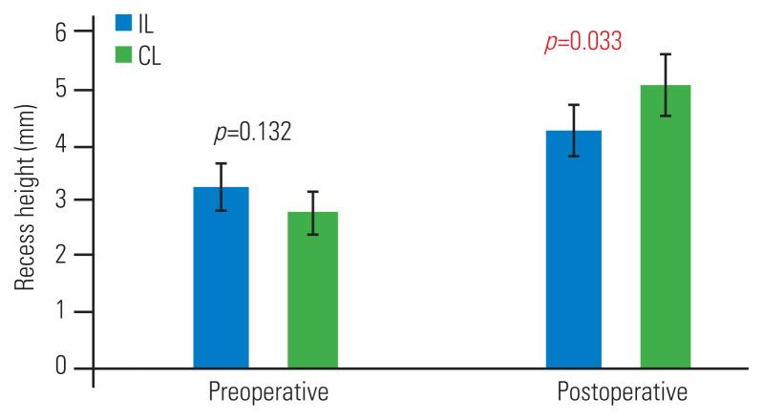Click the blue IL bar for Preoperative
click(221, 277)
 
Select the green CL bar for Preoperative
click(312, 289)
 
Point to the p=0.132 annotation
click(252, 133)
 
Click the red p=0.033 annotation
click(583, 43)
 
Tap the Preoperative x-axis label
click(267, 393)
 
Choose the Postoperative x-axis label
click(621, 393)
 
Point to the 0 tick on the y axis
click(61, 367)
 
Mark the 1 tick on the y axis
click(61, 312)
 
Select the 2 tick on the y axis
click(61, 256)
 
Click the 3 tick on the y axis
click(61, 200)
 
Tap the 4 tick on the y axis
click(61, 145)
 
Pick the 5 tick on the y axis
click(61, 90)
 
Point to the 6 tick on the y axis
click(61, 33)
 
